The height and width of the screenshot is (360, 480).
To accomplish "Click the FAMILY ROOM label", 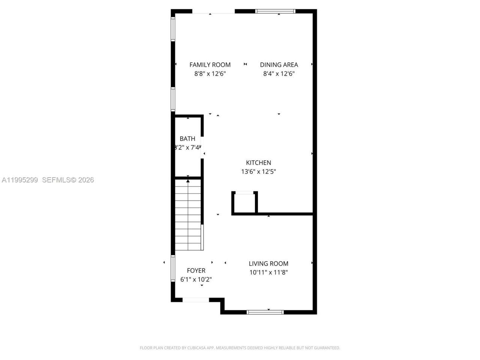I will coord(210,65).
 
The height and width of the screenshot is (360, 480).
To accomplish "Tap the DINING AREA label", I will coord(279,65).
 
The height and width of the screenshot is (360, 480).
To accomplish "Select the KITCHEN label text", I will coord(258,163).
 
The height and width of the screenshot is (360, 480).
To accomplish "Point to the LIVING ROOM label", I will coord(268,264).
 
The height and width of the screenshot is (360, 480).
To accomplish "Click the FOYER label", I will coord(196,270).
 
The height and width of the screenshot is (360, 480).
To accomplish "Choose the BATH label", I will coord(187,139).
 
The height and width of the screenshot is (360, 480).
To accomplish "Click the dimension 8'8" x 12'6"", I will coord(210,74).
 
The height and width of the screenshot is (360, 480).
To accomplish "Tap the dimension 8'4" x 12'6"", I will coord(279,74).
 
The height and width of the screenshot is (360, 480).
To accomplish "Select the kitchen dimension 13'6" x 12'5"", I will coord(258,172).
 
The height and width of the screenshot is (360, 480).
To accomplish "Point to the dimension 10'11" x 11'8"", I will coord(268,273).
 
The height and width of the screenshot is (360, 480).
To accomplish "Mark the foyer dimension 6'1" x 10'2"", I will coord(196,279).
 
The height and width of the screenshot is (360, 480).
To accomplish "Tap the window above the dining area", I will coord(275,11).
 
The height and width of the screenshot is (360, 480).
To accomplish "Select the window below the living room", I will coord(265,312).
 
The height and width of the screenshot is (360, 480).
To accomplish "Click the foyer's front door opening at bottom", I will coord(196,300).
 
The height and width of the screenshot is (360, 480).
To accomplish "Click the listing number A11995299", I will coord(20,180).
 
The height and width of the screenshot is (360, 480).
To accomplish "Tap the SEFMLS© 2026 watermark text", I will coord(68,180).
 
